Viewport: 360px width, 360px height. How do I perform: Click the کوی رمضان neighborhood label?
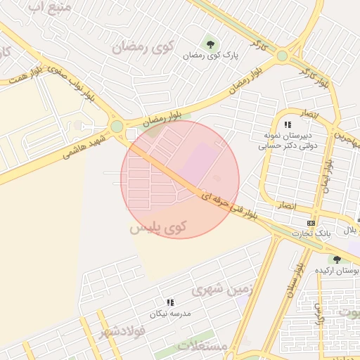[x=143, y=48]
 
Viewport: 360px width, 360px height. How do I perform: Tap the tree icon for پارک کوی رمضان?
[x=211, y=44]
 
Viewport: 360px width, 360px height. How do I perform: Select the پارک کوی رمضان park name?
[x=211, y=55]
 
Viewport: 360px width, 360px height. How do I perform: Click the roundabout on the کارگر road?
[x=282, y=55]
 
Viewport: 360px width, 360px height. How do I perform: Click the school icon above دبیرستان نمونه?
[x=288, y=124]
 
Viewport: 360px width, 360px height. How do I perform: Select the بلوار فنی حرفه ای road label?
[x=232, y=204]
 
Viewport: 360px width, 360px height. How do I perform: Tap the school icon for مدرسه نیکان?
[x=170, y=302]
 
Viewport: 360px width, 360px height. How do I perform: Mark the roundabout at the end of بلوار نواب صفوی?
[x=117, y=127]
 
